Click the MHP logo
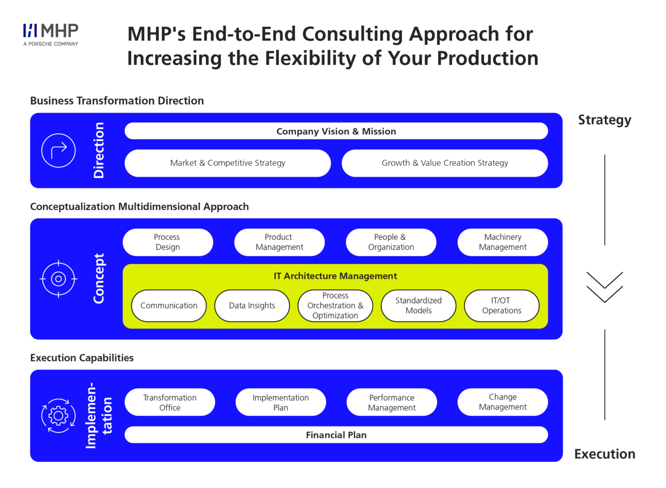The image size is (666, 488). pos(51,34)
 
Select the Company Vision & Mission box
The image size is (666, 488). pos(336,131)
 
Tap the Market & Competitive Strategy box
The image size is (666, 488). pos(228,163)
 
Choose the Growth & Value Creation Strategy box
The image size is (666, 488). pos(445,163)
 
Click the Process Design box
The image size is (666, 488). pos(168,242)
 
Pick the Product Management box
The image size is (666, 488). pos(279,242)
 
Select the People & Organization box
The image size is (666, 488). pos(391,242)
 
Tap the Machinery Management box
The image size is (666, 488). pos(502,242)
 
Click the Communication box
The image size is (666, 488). pos(169,306)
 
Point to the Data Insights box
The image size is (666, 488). pos(252,306)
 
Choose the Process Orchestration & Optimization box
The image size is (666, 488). pos(335,306)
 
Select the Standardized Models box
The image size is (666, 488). pos(418,306)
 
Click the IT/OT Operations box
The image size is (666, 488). pos(502,306)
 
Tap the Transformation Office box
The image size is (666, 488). pos(170,403)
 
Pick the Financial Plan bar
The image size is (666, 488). pos(336,435)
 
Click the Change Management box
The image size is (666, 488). pos(502,402)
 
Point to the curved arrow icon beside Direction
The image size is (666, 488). pos(59,150)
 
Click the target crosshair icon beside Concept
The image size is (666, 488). pos(59,278)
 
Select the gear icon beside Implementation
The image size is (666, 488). pos(58,415)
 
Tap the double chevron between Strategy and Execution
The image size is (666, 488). pos(605,287)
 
